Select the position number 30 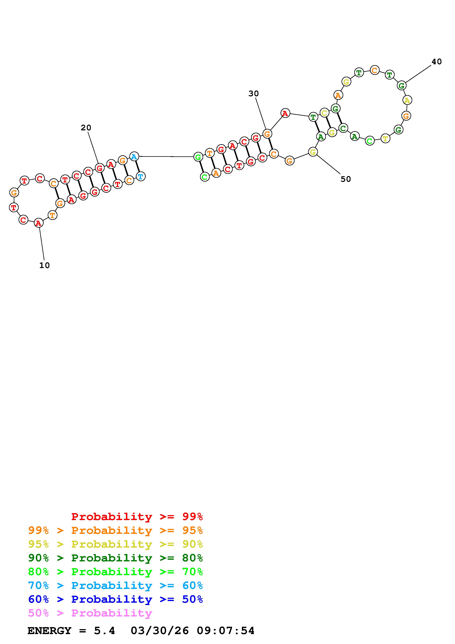[x=254, y=94]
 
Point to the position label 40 [x=436, y=62]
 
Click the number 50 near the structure [x=346, y=179]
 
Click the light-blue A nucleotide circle [x=134, y=157]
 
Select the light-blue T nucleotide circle [x=140, y=176]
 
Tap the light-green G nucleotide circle [x=198, y=157]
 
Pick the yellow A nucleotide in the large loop [x=407, y=100]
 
